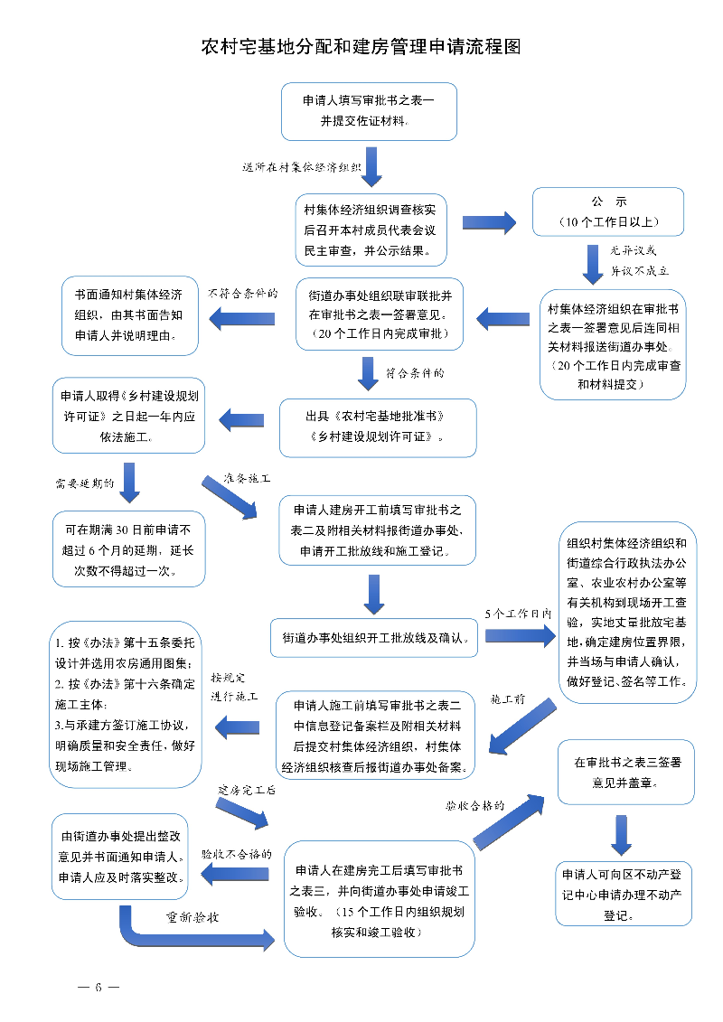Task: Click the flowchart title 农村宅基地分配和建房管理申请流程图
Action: coord(361,47)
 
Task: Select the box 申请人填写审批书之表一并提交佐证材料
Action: coord(369,111)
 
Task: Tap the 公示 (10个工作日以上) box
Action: coord(607,211)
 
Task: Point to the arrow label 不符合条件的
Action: coord(241,294)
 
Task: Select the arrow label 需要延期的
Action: coord(85,483)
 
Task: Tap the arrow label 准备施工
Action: coord(248,477)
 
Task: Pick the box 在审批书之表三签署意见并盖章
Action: coord(626,772)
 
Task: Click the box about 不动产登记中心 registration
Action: coord(624,895)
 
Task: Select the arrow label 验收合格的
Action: coord(474,804)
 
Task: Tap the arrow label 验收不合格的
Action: coord(236,854)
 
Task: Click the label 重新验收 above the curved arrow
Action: coord(192,916)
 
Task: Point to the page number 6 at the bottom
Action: coord(99,987)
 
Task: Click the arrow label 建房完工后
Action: coord(246,790)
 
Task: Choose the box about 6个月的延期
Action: coord(128,549)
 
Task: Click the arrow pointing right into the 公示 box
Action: coord(488,222)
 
